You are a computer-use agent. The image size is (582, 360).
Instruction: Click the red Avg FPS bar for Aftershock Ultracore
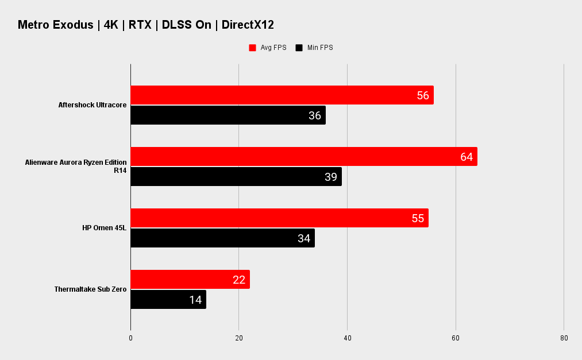[282, 95]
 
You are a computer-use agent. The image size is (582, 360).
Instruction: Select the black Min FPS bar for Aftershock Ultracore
[228, 115]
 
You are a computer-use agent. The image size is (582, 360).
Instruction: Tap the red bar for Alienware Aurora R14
[304, 156]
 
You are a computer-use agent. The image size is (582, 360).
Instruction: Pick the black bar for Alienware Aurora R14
[236, 176]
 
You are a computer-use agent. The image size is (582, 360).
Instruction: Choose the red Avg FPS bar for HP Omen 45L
[279, 218]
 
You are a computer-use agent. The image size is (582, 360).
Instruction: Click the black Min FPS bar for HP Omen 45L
[223, 238]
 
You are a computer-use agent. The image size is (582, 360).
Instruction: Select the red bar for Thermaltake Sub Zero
[190, 279]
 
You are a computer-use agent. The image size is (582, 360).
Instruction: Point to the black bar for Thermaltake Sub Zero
[168, 299]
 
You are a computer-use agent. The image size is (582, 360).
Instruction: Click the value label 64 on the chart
[467, 157]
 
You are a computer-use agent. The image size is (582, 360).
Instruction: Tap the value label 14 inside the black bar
[195, 300]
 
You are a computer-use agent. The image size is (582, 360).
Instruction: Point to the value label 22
[239, 280]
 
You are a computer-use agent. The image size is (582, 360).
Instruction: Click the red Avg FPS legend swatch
[252, 48]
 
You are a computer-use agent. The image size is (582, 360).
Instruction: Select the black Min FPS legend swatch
[299, 48]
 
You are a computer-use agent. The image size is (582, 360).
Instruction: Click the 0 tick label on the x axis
[130, 338]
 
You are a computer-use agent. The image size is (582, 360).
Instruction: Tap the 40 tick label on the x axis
[348, 338]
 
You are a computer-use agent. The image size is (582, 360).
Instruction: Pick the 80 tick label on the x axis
[564, 338]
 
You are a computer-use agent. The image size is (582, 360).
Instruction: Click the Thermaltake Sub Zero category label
[91, 289]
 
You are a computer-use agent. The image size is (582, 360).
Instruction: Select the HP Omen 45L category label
[105, 227]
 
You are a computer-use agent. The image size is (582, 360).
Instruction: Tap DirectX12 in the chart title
[248, 25]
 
